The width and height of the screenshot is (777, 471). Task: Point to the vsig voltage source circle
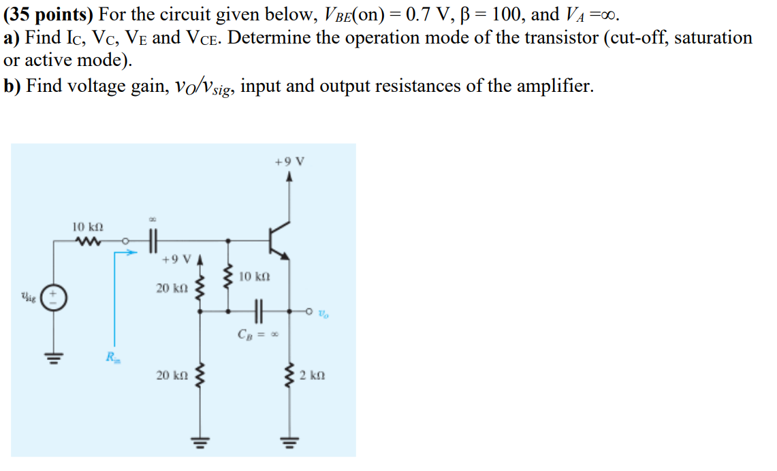[x=54, y=297]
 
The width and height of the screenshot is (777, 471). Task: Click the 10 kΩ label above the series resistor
[x=86, y=225]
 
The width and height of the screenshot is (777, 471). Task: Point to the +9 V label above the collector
[x=289, y=162]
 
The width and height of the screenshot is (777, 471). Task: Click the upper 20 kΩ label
[x=170, y=289]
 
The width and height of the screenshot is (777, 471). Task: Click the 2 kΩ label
[x=313, y=375]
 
